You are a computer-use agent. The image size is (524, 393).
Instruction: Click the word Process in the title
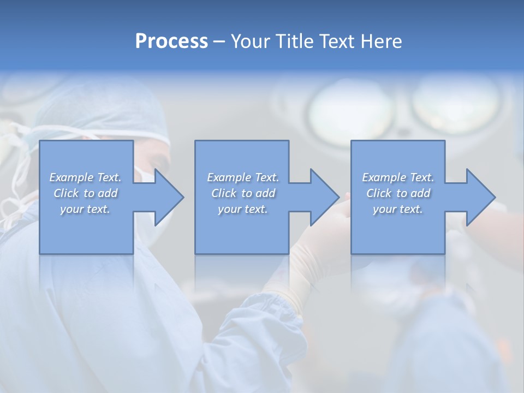171,41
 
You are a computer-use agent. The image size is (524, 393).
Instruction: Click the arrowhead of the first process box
166,197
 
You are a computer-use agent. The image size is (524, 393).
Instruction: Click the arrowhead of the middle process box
323,197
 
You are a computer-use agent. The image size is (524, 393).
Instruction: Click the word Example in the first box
71,177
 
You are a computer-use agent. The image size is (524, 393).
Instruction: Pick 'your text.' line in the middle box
242,209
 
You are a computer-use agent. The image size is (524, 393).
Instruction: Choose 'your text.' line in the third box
397,209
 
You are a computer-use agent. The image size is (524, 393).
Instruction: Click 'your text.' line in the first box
85,209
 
